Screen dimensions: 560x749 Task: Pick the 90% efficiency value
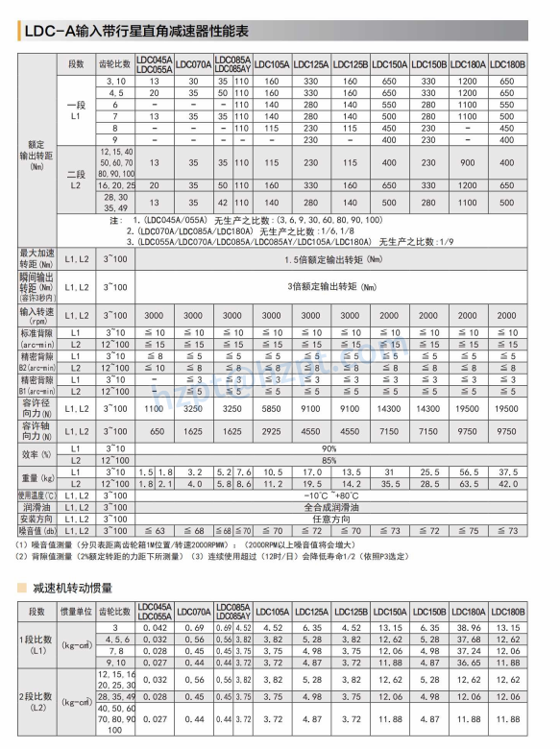pyautogui.click(x=329, y=448)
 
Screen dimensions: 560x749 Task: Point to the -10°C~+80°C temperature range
pyautogui.click(x=329, y=495)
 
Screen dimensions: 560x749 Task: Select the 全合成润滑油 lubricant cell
pyautogui.click(x=329, y=506)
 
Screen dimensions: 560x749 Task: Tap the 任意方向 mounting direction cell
pyautogui.click(x=329, y=518)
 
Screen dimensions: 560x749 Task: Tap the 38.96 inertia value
pyautogui.click(x=468, y=627)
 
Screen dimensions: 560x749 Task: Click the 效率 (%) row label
pyautogui.click(x=36, y=454)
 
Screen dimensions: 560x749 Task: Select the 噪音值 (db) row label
pyautogui.click(x=36, y=529)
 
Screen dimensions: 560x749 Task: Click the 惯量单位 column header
pyautogui.click(x=78, y=610)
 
